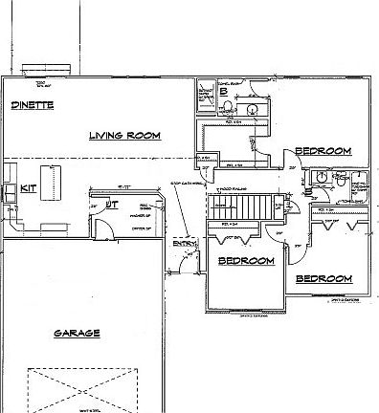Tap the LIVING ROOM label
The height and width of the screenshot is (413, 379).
click(x=123, y=136)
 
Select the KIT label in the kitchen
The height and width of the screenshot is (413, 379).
click(x=28, y=188)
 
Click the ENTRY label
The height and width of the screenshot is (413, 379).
click(x=184, y=243)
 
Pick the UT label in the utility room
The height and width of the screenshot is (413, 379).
click(x=112, y=204)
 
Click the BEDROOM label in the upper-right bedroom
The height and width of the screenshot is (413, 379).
click(x=323, y=150)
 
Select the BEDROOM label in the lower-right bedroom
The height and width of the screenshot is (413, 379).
click(x=323, y=279)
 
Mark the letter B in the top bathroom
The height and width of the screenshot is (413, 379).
click(x=222, y=93)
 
